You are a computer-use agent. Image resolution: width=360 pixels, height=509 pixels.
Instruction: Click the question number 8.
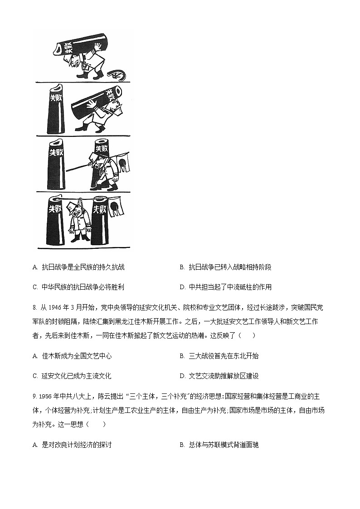point(34,308)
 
